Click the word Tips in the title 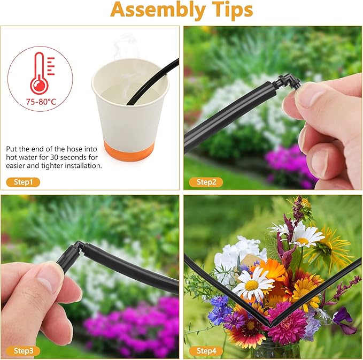point(232,10)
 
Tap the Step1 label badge point(23,182)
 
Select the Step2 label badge point(206,182)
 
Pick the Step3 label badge point(23,351)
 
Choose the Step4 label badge point(206,351)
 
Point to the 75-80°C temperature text point(41,102)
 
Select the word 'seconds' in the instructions point(72,157)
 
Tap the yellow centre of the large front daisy point(252,285)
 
